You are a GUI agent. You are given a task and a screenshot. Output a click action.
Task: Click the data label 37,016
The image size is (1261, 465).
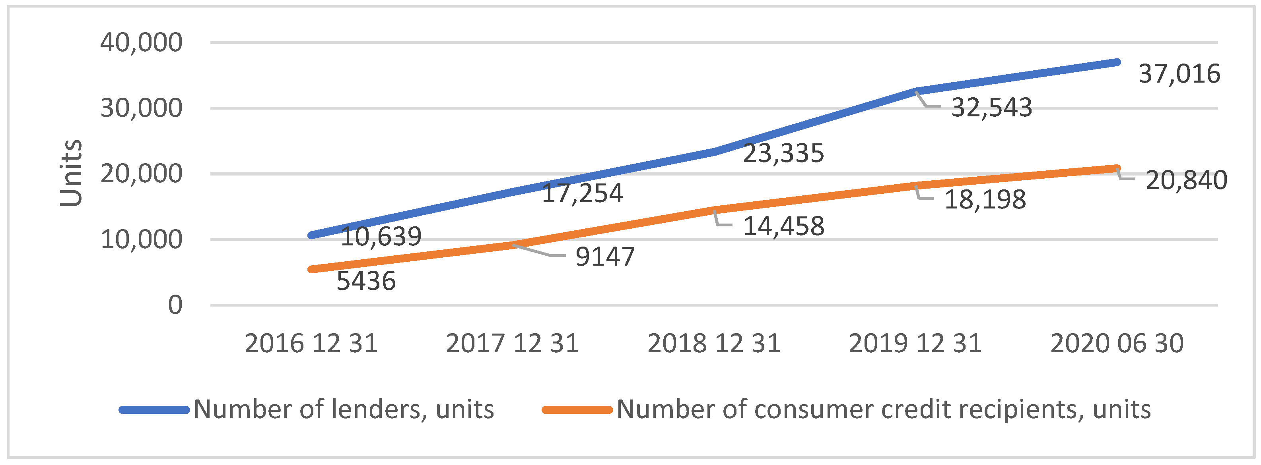pos(1179,74)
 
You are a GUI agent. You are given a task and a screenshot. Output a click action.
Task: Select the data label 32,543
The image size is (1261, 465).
pos(991,108)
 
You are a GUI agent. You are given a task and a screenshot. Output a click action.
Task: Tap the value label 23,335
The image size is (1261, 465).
pos(783,154)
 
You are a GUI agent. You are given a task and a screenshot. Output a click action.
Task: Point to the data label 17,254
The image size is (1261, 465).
pos(582,193)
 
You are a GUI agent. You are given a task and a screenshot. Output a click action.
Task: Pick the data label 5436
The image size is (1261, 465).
pos(366,281)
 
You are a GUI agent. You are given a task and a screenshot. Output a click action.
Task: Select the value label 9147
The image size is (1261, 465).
pos(604,257)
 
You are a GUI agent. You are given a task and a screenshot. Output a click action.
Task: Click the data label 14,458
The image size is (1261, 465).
pos(783,226)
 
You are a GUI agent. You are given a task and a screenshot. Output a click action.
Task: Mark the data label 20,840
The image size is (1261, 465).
pos(1186,180)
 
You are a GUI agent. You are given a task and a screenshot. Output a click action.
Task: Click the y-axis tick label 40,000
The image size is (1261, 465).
pos(141,42)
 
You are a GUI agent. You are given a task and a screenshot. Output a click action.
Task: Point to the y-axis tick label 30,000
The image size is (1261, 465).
pos(141,108)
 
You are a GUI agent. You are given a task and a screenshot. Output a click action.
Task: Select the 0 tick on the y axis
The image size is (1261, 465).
pos(175,305)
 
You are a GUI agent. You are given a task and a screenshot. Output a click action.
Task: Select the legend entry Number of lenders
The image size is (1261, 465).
pos(343,409)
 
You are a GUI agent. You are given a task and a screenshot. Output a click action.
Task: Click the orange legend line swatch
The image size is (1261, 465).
pos(577,410)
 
